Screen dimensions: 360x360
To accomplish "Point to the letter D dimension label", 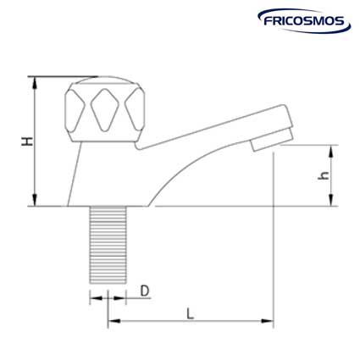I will pyautogui.click(x=145, y=291).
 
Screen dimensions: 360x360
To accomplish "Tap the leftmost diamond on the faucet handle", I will pyautogui.click(x=75, y=107).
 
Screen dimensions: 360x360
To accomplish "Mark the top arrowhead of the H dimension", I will pyautogui.click(x=35, y=80).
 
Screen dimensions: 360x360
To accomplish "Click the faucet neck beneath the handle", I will pyautogui.click(x=100, y=169).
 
